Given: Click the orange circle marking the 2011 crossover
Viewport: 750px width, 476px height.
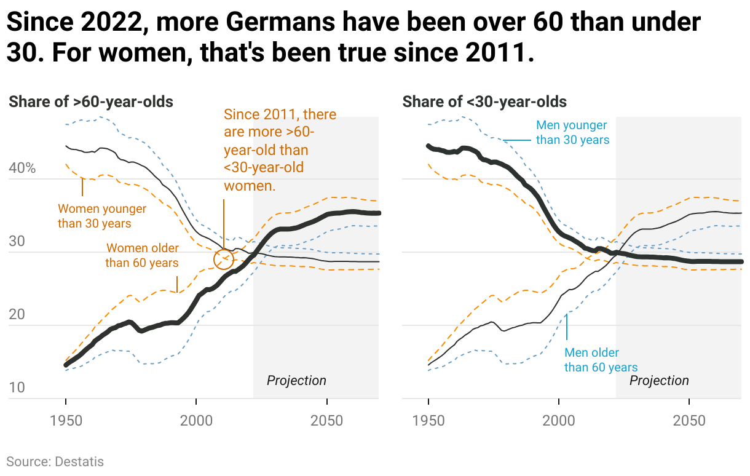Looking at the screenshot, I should tap(224, 259).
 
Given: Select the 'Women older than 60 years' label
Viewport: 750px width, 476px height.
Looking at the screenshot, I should tap(142, 255).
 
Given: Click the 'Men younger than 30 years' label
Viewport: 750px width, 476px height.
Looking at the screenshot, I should tap(572, 132).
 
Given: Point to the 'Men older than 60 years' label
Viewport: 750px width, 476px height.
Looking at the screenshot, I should tap(601, 360).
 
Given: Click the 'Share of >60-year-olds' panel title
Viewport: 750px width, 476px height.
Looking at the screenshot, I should tap(91, 101).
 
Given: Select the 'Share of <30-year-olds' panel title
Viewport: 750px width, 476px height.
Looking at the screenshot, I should tap(484, 101).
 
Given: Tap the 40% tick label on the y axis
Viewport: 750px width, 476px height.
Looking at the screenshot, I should tap(22, 168).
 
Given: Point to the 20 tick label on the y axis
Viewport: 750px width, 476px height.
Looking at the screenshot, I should tap(17, 314).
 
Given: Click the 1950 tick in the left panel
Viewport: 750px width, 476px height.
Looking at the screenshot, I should tap(66, 422).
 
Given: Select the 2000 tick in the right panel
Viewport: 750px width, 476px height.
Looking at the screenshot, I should tap(559, 422).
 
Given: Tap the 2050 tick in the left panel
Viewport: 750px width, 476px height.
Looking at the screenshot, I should tap(326, 422).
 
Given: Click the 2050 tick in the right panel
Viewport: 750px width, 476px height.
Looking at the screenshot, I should tap(689, 422).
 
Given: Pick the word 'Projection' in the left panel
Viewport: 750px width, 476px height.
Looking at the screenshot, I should tap(296, 380).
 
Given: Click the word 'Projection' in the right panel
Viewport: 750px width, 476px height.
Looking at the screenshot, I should tap(659, 380).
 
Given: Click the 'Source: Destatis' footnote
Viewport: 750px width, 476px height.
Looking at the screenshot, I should tap(55, 461).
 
